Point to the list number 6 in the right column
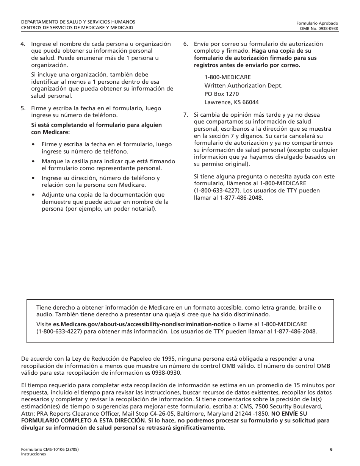coord(185,44)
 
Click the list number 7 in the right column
coord(185,115)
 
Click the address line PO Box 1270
coord(222,94)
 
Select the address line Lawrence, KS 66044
coord(232,102)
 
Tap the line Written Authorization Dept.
coord(243,86)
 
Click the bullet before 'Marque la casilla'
coord(33,161)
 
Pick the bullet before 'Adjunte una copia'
coord(33,195)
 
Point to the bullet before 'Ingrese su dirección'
coord(33,178)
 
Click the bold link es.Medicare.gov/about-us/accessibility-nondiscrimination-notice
coord(142,324)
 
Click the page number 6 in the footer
coord(331,449)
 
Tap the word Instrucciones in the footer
coord(33,454)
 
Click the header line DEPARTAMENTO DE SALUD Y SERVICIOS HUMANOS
coord(78,22)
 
